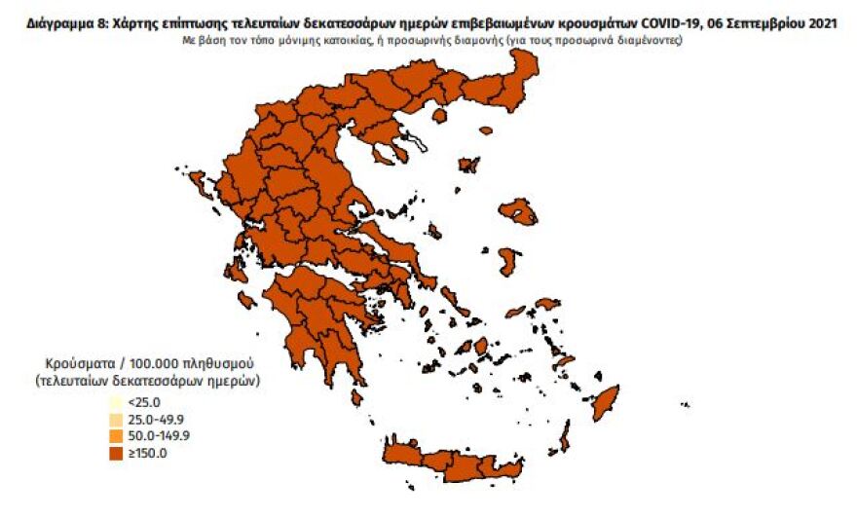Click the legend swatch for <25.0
116,402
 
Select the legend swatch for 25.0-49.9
116,419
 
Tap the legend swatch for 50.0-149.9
116,435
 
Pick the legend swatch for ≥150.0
116,452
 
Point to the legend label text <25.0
143,402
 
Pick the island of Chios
508,260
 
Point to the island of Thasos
439,115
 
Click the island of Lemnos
469,165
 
